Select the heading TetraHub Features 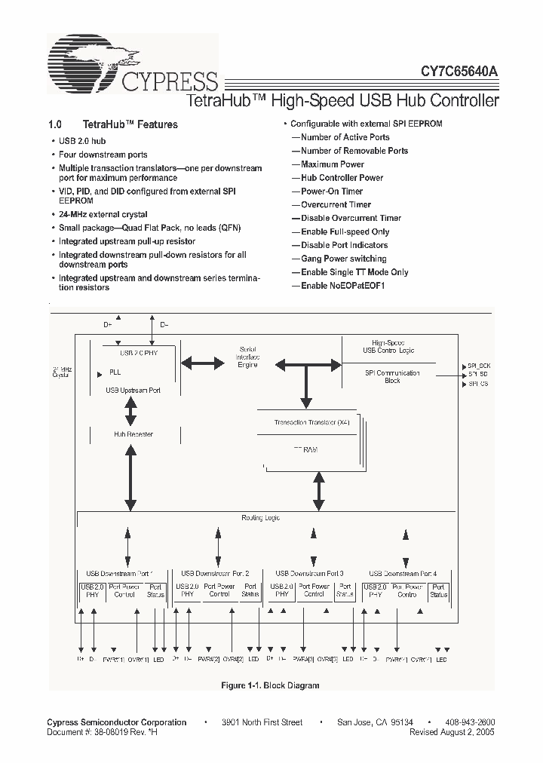point(130,124)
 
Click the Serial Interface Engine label point(247,357)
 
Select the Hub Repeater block point(133,434)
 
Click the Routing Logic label point(260,518)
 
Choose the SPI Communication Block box point(392,376)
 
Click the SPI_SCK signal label point(478,365)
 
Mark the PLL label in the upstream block point(115,372)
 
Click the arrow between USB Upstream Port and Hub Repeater point(130,412)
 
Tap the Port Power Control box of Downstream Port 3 point(314,590)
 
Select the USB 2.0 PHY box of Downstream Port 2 point(186,590)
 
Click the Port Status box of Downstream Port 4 point(438,590)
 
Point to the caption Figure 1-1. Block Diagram point(270,685)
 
